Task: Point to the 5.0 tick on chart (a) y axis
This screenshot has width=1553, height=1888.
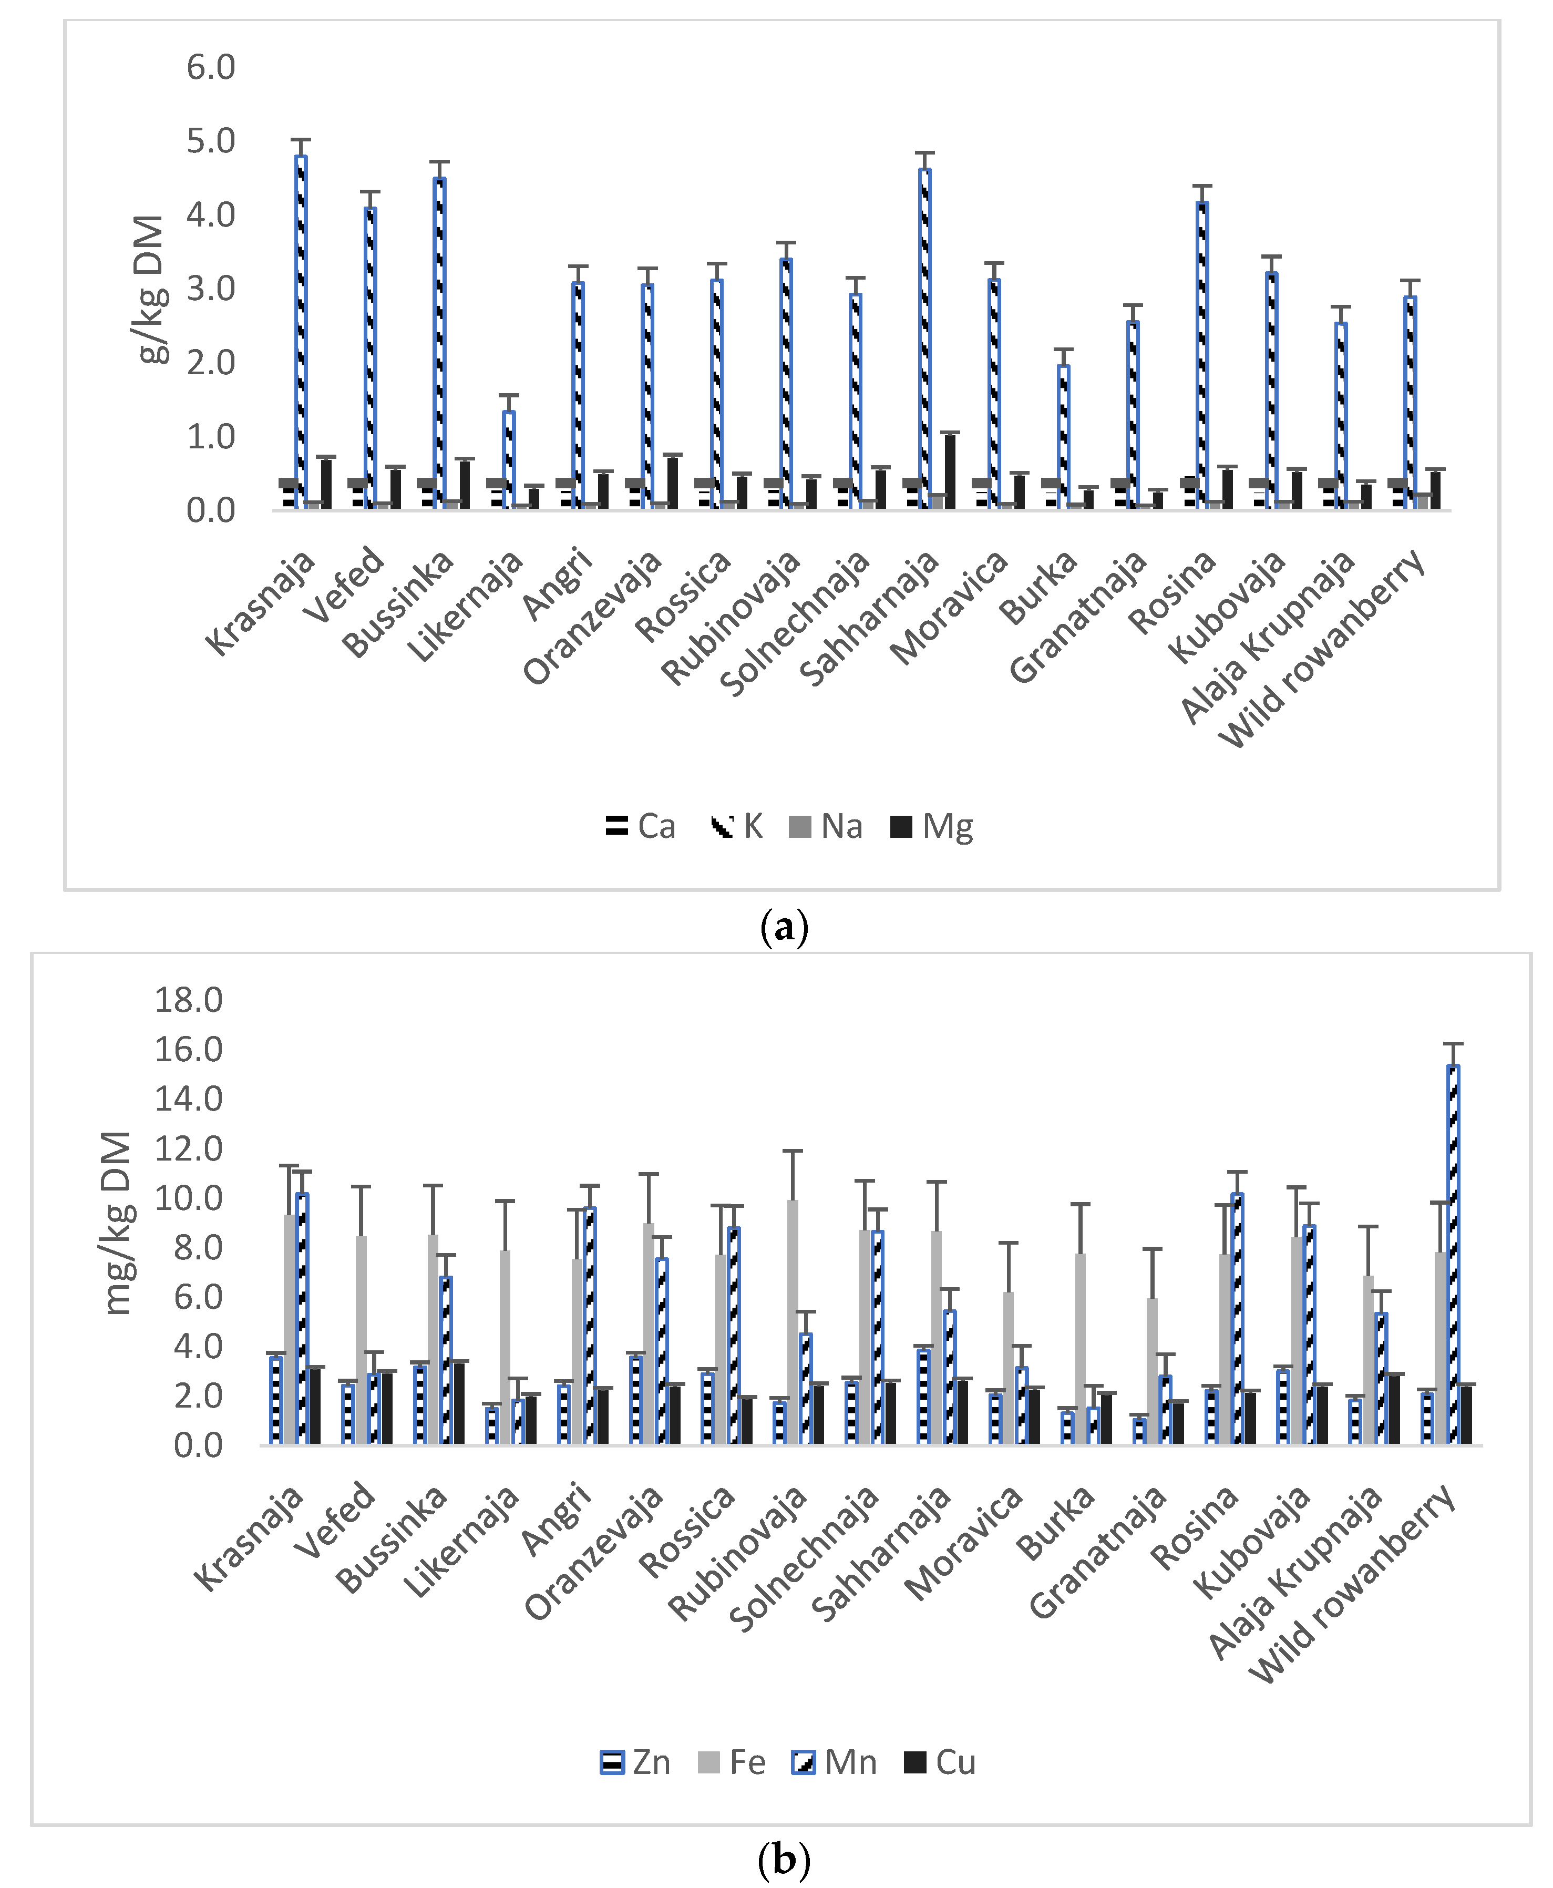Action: click(x=211, y=140)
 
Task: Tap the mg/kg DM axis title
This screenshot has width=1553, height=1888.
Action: click(x=118, y=1222)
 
